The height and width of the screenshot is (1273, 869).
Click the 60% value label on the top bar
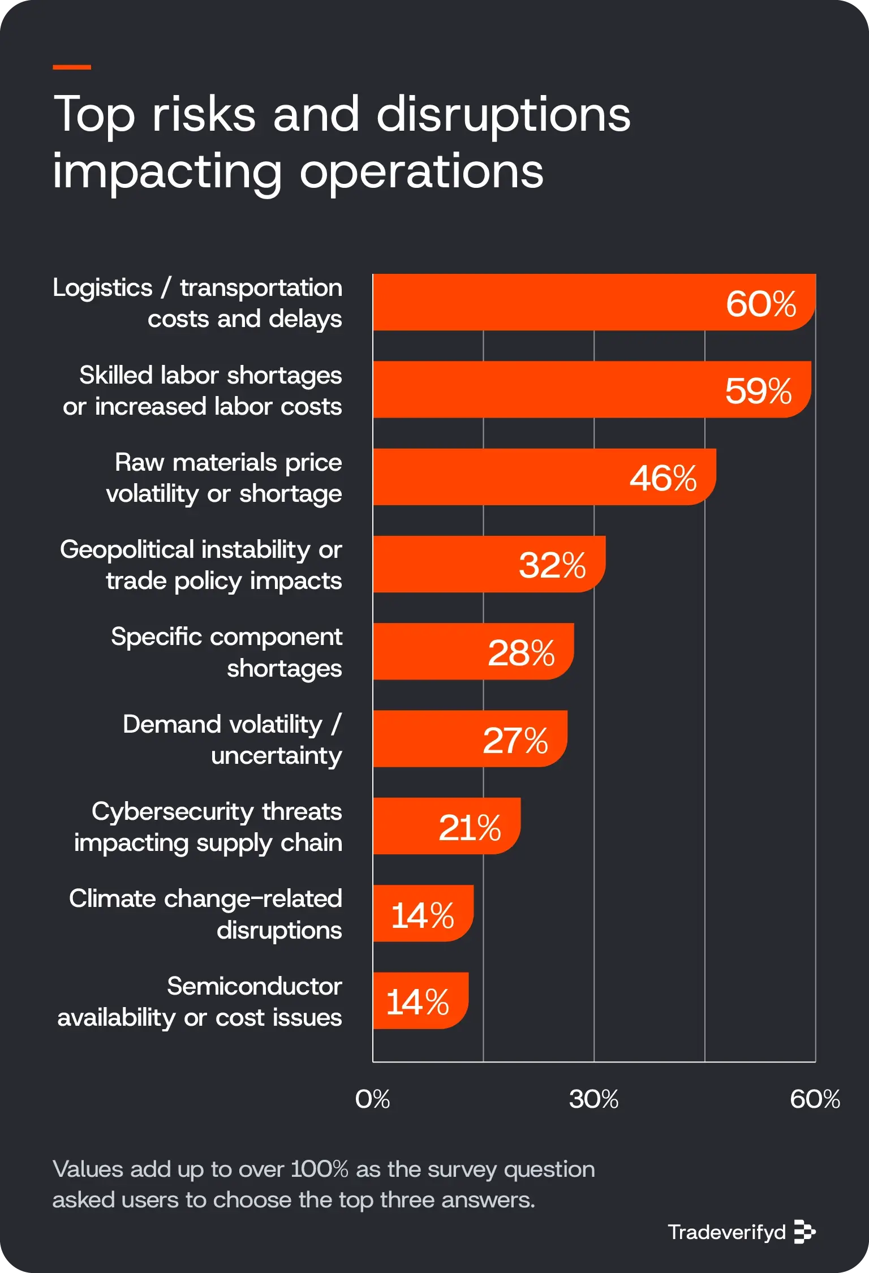click(x=760, y=304)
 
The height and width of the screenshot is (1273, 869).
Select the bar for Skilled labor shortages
click(x=566, y=390)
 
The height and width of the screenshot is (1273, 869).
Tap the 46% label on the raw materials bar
click(x=663, y=478)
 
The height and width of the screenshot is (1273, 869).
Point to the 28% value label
click(x=521, y=653)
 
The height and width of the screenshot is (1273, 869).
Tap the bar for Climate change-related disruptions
click(x=423, y=914)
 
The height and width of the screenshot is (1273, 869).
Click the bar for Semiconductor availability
click(x=420, y=1001)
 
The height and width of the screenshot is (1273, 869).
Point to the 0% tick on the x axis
click(x=372, y=1099)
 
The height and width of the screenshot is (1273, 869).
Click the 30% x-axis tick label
click(x=593, y=1099)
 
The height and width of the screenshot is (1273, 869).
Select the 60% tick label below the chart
click(x=815, y=1099)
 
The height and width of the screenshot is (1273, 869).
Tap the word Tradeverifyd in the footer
click(x=726, y=1232)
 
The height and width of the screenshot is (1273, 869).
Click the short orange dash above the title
click(x=72, y=67)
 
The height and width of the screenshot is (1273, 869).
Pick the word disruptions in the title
click(x=503, y=114)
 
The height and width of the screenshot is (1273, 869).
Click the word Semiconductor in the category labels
click(x=254, y=986)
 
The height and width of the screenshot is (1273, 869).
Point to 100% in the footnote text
click(x=319, y=1169)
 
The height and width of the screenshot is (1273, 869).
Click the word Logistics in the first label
click(x=102, y=288)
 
